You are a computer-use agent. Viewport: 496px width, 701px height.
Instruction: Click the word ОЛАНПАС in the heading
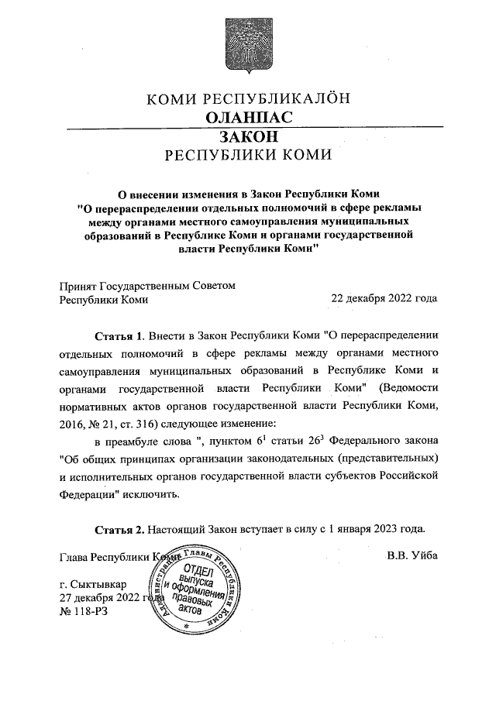[247, 117]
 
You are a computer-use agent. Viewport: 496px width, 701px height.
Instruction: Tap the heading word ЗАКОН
[247, 136]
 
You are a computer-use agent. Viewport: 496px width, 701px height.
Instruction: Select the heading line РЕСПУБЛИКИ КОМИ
[248, 154]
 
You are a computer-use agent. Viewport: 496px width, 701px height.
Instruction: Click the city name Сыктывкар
[102, 582]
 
